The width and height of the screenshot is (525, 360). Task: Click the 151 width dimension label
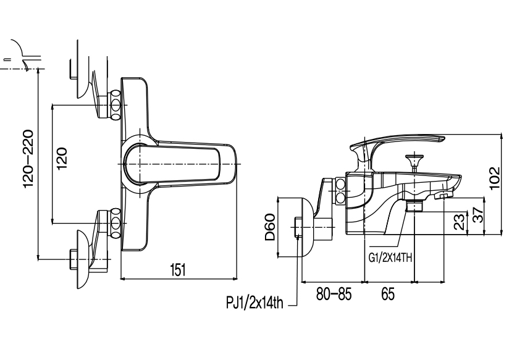click(177, 269)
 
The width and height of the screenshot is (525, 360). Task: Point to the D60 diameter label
click(270, 228)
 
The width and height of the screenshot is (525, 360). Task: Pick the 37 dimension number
click(476, 215)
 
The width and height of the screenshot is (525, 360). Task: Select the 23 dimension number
click(459, 222)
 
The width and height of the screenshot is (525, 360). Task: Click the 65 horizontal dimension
click(387, 294)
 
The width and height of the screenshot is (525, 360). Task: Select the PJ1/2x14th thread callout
click(254, 303)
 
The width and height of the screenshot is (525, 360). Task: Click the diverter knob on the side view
click(414, 162)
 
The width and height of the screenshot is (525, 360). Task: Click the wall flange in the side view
click(303, 228)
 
